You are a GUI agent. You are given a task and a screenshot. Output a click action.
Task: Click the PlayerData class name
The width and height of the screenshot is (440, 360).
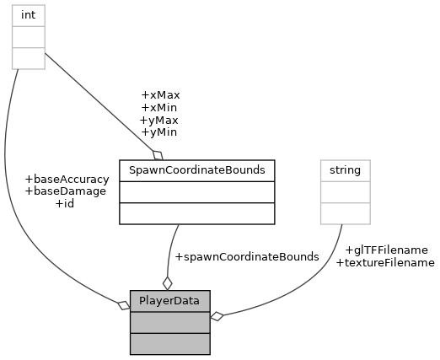169,300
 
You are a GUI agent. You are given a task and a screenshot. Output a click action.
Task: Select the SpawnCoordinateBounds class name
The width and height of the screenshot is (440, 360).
196,170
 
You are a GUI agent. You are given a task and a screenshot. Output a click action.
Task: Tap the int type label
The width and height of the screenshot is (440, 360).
28,15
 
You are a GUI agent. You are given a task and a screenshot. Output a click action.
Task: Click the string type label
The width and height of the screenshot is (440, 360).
345,170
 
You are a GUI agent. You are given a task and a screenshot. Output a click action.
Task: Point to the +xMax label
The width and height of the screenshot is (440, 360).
160,95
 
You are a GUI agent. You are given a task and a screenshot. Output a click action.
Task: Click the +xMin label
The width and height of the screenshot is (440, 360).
159,108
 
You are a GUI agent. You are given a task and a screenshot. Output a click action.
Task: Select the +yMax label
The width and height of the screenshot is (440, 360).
159,121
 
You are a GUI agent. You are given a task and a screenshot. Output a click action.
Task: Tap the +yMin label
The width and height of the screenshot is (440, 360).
158,132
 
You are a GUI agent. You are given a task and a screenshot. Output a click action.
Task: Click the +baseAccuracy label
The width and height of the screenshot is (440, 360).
67,179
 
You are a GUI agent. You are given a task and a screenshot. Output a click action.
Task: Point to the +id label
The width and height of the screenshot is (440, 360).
65,203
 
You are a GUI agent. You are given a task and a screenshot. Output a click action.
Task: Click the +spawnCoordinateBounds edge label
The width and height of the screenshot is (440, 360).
245,256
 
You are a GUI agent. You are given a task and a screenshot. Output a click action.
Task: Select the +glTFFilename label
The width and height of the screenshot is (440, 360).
386,250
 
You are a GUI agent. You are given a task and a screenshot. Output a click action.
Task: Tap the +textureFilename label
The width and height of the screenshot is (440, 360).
385,262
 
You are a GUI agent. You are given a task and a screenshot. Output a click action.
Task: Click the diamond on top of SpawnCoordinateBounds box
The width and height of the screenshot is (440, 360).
157,154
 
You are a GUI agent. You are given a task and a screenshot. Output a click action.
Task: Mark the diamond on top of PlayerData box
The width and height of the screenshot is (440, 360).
167,282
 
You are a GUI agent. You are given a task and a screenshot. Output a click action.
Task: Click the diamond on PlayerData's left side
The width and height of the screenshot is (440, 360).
123,304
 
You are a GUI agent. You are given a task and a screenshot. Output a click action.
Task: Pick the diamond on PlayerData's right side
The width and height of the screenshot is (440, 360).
217,316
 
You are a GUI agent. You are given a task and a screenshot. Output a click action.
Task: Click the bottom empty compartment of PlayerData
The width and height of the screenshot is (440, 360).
169,343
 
